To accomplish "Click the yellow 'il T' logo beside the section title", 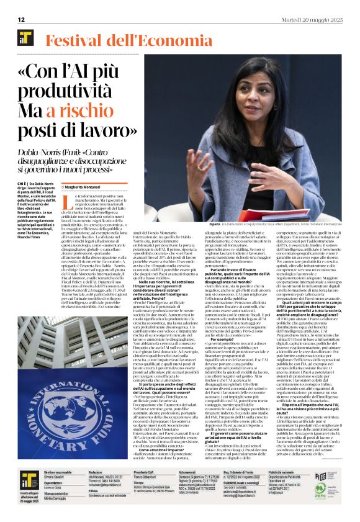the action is click(x=25, y=39).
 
